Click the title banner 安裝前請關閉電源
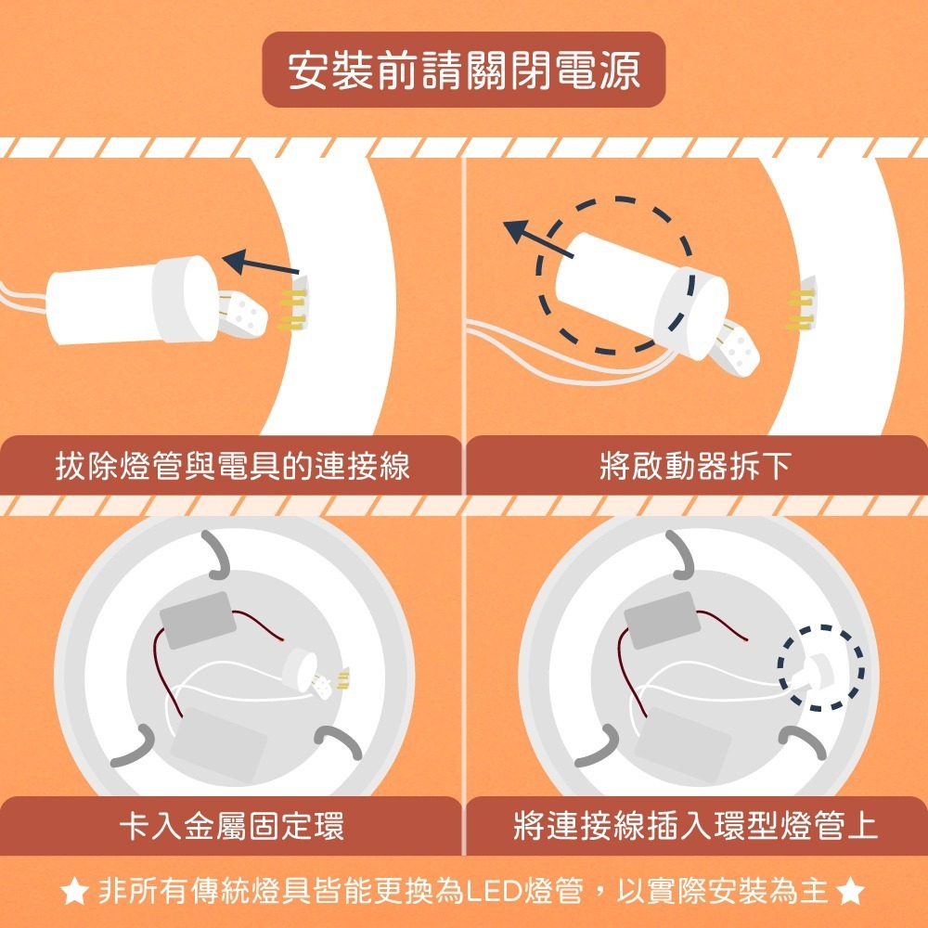(x=464, y=71)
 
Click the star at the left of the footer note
(x=73, y=893)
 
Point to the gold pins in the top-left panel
(x=292, y=310)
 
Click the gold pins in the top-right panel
(x=800, y=310)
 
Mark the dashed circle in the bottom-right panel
(x=821, y=666)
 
